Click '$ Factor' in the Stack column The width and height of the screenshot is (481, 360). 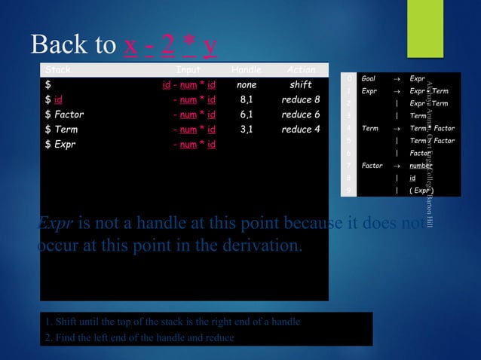coord(65,114)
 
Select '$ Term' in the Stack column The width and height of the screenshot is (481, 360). coord(61,130)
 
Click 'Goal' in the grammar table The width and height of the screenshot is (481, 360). coord(369,78)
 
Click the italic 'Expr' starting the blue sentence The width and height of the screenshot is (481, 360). coord(53,224)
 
